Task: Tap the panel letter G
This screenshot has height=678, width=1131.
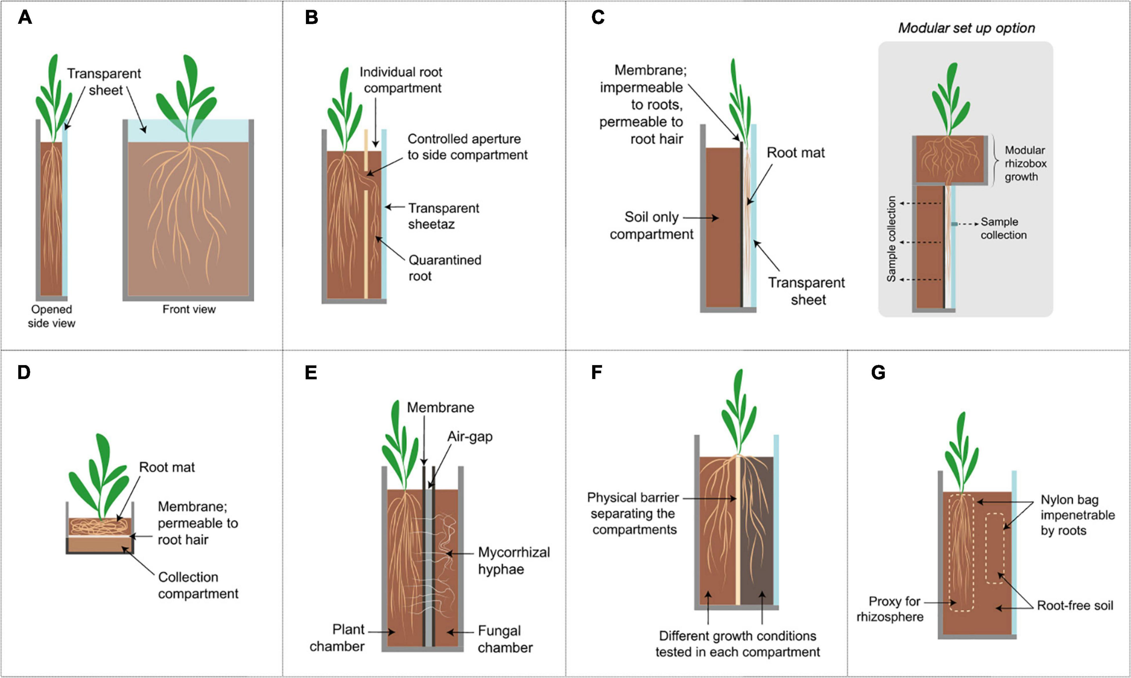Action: tap(878, 372)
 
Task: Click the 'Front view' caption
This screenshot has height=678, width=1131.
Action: tap(189, 309)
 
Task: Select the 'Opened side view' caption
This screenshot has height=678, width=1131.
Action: tap(51, 316)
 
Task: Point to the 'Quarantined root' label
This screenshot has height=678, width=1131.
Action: tap(445, 268)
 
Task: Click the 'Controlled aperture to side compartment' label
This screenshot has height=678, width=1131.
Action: tap(467, 147)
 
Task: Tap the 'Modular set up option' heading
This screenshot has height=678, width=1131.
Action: tap(966, 28)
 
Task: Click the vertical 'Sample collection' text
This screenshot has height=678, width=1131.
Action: tap(891, 239)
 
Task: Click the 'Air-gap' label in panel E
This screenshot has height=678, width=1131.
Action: tap(470, 436)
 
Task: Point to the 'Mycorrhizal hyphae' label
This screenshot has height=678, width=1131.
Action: tap(514, 561)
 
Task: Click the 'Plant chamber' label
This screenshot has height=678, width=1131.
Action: tap(337, 638)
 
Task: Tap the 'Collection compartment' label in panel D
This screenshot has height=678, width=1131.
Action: tap(198, 585)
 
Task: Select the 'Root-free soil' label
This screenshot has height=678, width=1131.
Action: tap(1075, 605)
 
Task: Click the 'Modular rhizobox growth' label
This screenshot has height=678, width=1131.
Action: tap(1025, 163)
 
